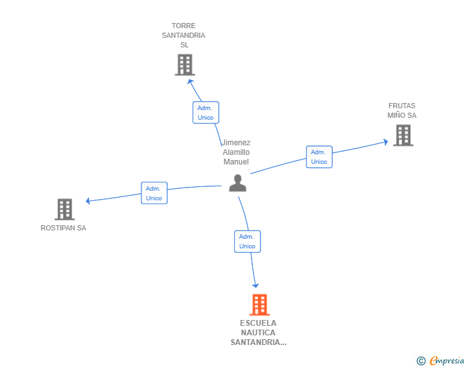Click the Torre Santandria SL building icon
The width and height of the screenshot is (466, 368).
[x=185, y=65]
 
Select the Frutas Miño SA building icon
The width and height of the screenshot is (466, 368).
[x=403, y=135]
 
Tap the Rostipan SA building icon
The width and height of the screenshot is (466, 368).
[x=65, y=209]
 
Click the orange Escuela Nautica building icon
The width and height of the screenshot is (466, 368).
[x=259, y=305]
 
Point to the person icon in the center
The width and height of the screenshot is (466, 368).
[x=237, y=183]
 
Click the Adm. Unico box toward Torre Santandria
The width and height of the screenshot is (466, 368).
[x=205, y=113]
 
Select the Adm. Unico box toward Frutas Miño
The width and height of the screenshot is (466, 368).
[x=319, y=157]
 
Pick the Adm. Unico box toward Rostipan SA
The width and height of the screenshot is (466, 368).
[x=154, y=193]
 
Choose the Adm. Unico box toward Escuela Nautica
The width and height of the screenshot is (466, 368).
[x=247, y=241]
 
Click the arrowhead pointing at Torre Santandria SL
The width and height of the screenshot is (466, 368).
[x=190, y=81]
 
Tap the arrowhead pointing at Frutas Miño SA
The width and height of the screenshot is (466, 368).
[x=385, y=142]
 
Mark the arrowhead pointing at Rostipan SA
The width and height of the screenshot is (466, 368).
[x=88, y=201]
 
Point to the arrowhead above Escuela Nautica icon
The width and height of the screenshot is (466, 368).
[x=255, y=285]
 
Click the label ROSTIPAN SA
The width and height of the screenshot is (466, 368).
[x=63, y=228]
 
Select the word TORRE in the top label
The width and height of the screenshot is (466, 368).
[x=183, y=26]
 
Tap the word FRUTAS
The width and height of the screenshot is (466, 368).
[x=402, y=106]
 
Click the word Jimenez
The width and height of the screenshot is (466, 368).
[x=236, y=143]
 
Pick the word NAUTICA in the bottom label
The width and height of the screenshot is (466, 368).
[x=258, y=333]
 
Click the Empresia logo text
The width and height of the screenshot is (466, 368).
[x=447, y=361]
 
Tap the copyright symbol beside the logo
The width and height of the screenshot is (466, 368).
[x=421, y=361]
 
